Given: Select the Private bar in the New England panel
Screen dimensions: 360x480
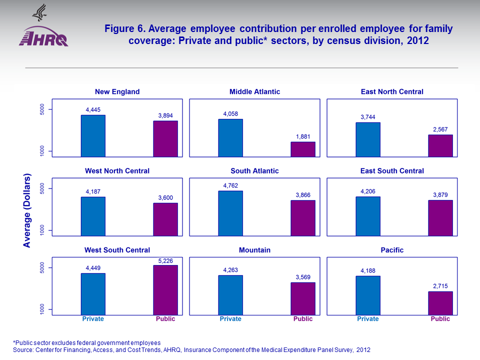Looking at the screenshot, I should pos(93,135).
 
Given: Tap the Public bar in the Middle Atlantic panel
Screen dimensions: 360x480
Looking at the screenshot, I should pos(303,149).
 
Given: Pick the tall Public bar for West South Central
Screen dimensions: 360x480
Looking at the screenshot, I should pos(165,289).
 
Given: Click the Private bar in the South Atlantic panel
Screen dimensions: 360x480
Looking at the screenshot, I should pos(230,212).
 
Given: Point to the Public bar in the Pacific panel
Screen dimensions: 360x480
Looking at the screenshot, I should pos(440,303).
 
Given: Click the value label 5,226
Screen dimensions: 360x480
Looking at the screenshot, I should pos(165,260).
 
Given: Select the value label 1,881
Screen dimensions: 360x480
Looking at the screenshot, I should pos(303,136).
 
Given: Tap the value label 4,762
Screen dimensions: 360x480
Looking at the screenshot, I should pos(230,186).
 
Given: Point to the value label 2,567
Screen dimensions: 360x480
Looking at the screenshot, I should pos(440,129).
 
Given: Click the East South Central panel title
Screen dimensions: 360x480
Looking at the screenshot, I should pos(392,171).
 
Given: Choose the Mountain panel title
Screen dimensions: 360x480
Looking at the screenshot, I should pos(254,250).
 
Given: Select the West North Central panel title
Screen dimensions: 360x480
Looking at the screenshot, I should pos(117,171).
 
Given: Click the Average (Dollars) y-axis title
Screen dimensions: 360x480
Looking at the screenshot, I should pos(27,210).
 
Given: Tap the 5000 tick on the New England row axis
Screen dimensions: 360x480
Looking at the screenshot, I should pos(42,109).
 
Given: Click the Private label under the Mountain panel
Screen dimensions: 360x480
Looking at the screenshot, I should pos(230,319).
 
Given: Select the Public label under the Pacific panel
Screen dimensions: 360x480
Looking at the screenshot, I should pos(440,319).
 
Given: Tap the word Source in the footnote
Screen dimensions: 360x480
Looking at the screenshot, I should pos(22,349).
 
